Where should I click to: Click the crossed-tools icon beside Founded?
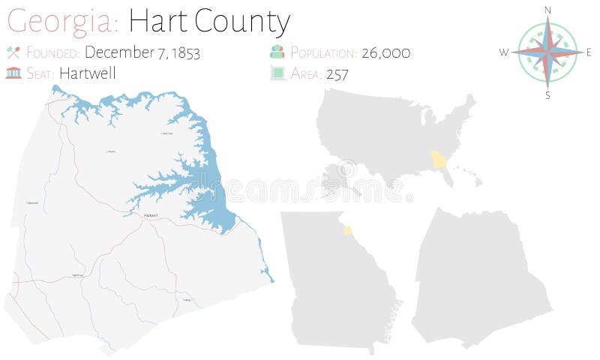(x=13, y=52)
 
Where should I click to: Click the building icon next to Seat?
(x=13, y=73)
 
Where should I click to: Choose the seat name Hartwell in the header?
(x=87, y=73)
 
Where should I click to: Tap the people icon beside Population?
(x=277, y=52)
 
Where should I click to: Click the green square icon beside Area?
(x=277, y=73)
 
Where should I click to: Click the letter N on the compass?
(x=547, y=9)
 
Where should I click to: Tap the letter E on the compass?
(x=589, y=52)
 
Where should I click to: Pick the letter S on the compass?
(x=547, y=94)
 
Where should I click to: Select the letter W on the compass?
(x=504, y=52)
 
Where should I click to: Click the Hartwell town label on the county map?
(x=150, y=215)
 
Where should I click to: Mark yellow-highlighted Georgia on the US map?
(x=439, y=160)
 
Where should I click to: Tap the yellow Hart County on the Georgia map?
(x=347, y=229)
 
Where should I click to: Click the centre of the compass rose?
(x=547, y=52)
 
